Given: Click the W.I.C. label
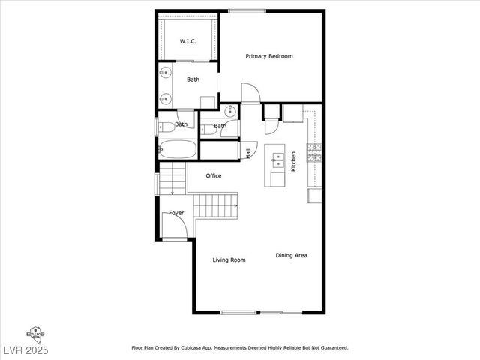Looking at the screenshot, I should click(x=187, y=41).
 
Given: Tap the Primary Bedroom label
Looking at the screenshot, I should click(x=269, y=56).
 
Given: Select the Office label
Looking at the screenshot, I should click(x=214, y=176).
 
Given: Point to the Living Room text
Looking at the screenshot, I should click(x=229, y=260).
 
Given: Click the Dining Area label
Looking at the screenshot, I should click(x=291, y=256).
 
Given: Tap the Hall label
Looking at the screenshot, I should click(x=248, y=153).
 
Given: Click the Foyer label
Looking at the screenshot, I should click(x=176, y=213).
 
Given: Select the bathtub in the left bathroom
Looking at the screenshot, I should click(x=178, y=149).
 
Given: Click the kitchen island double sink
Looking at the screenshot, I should click(x=277, y=158).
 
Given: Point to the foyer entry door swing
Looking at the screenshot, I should click(x=173, y=228).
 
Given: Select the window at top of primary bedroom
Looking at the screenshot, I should click(x=241, y=10).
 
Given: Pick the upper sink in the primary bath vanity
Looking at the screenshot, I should click(x=165, y=73).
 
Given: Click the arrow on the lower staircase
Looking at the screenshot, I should click(x=234, y=205).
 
